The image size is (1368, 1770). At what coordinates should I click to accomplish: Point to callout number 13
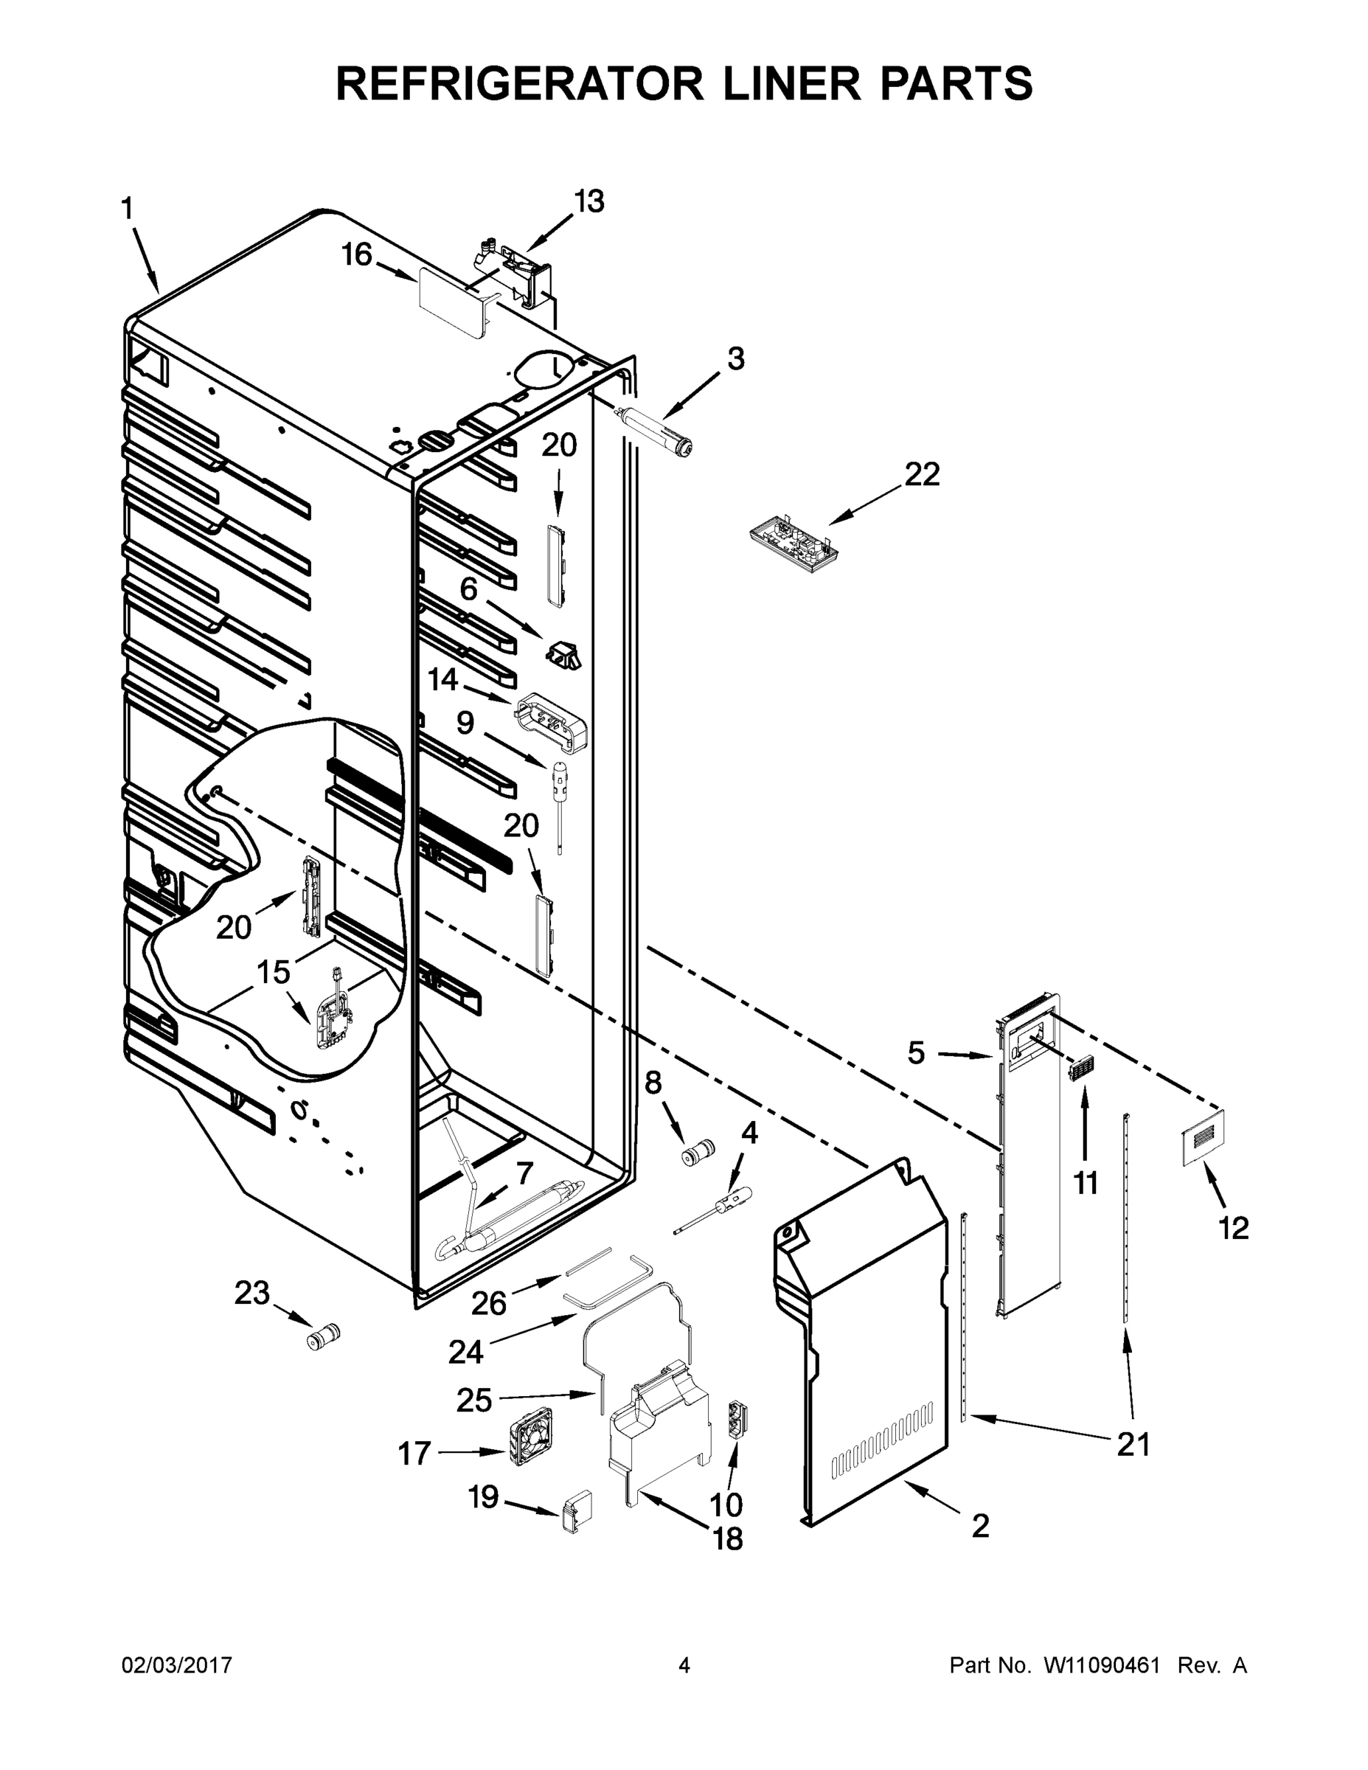tap(589, 201)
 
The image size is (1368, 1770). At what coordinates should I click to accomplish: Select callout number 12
tap(1234, 1229)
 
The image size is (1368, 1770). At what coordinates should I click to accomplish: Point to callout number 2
tap(980, 1527)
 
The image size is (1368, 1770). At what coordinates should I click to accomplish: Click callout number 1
tap(128, 209)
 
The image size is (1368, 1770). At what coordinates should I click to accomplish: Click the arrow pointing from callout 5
tap(965, 1055)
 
